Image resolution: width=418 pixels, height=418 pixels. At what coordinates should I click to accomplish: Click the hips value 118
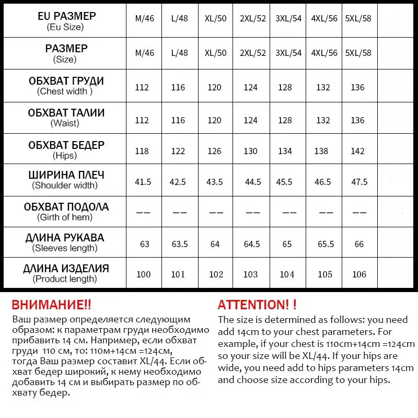click(x=142, y=151)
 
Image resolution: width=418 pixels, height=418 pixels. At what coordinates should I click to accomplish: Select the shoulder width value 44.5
click(x=253, y=182)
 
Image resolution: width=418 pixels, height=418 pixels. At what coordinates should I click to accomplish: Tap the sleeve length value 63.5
click(x=179, y=243)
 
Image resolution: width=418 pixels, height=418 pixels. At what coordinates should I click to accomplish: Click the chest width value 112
click(x=142, y=87)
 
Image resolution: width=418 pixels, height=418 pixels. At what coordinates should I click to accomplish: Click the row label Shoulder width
click(x=65, y=185)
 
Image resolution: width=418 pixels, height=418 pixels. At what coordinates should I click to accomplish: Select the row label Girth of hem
click(x=65, y=217)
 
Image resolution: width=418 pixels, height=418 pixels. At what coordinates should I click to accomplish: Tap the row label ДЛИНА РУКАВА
click(x=65, y=238)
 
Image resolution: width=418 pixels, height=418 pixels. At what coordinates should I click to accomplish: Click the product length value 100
click(x=143, y=274)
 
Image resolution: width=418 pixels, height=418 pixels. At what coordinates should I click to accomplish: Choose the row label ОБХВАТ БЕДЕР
click(x=66, y=145)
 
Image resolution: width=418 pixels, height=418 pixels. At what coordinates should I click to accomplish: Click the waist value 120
click(x=214, y=120)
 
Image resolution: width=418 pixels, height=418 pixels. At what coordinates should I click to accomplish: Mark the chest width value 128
click(x=285, y=87)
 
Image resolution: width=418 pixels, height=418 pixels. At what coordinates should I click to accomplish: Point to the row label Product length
click(x=65, y=279)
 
